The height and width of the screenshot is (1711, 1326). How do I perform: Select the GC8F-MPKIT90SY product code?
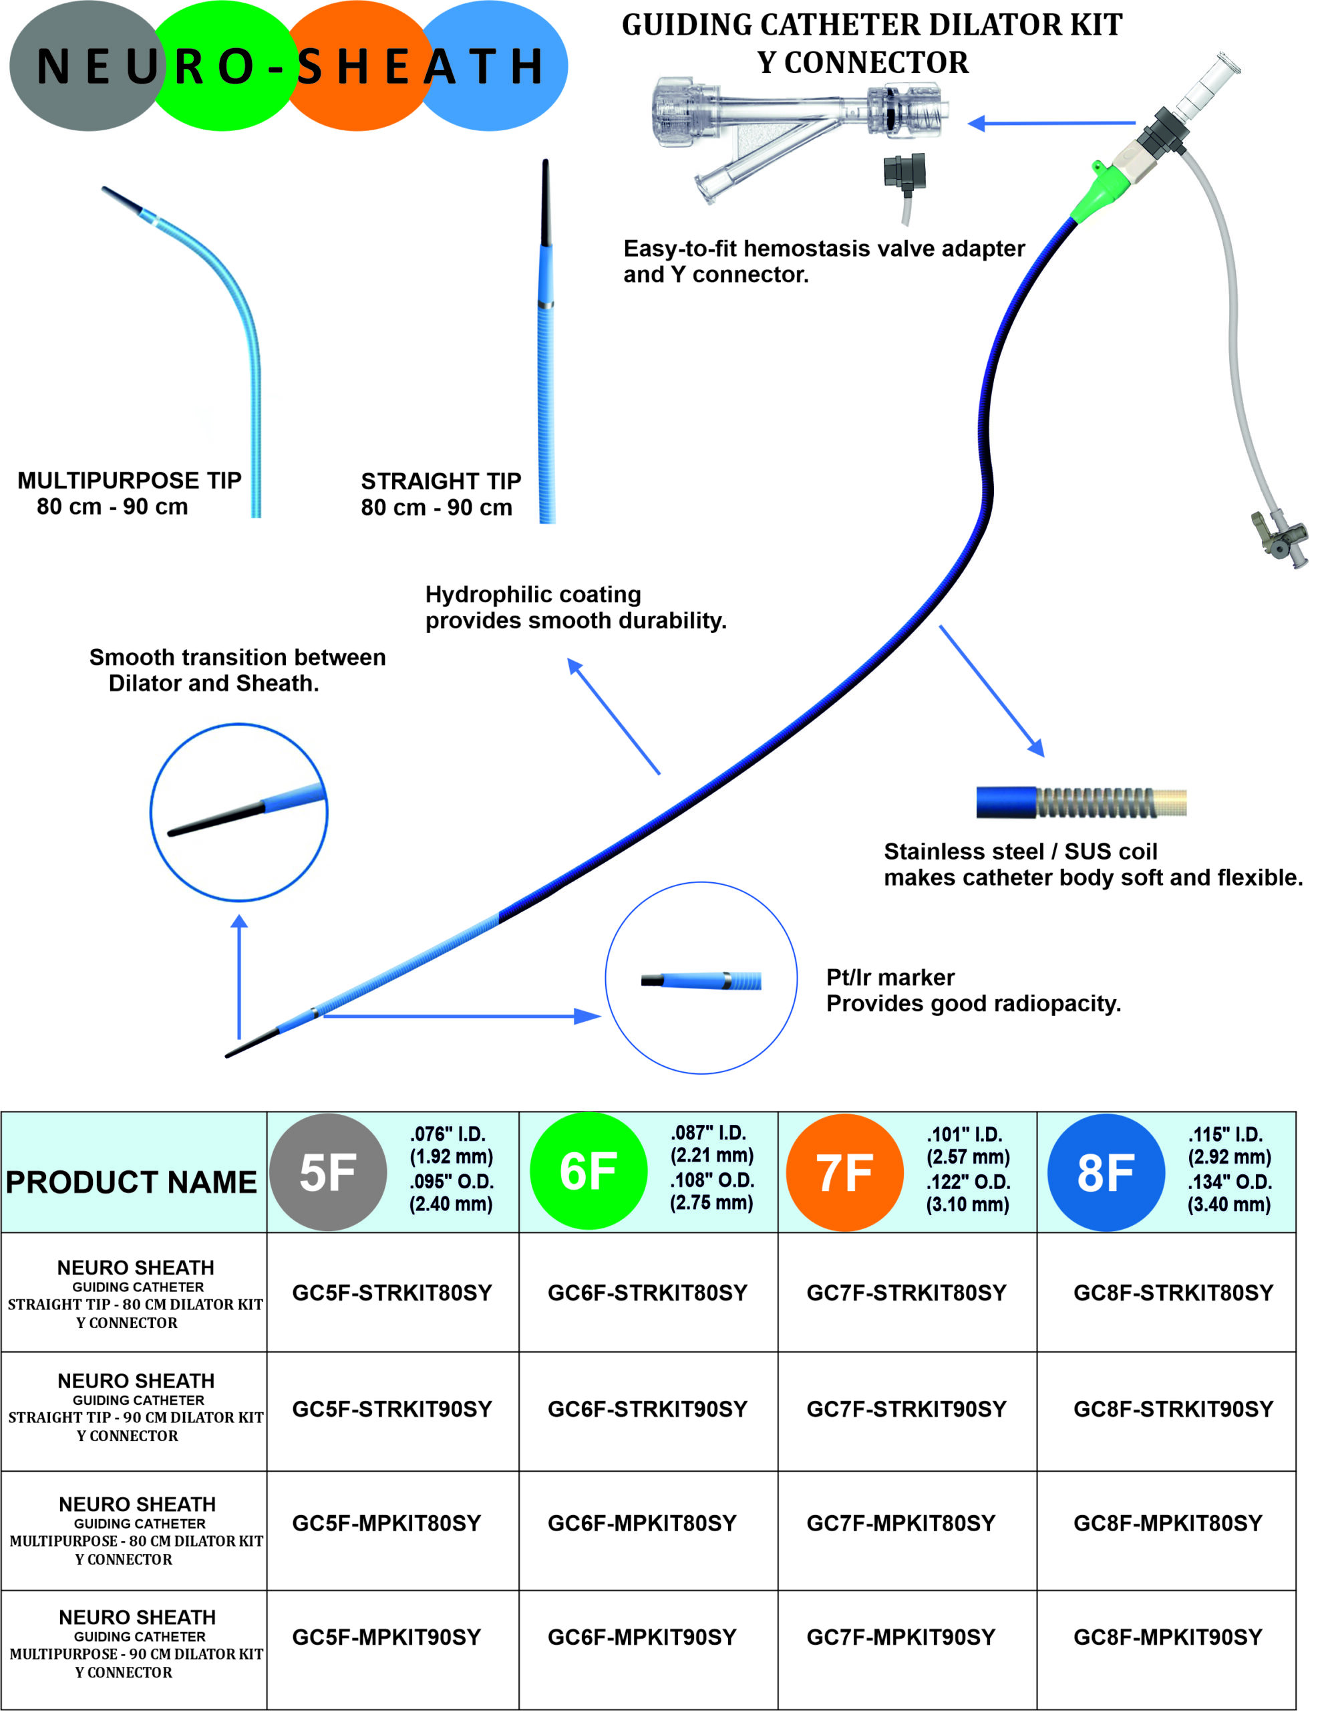click(x=1167, y=1637)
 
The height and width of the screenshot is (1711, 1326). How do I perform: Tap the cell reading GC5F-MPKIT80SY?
click(x=386, y=1523)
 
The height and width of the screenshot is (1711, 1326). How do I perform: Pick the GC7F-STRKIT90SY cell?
click(x=906, y=1409)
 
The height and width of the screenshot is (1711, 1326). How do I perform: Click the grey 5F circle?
click(x=328, y=1172)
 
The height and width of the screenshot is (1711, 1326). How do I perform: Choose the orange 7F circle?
click(x=844, y=1172)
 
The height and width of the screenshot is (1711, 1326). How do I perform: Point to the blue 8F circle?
click(x=1105, y=1172)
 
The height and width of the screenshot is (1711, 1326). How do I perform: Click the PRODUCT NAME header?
click(x=132, y=1182)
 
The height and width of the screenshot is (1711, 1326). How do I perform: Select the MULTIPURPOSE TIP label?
click(x=129, y=481)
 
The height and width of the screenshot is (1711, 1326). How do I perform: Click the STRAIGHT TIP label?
click(x=441, y=481)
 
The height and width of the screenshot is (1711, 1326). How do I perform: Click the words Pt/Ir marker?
click(x=890, y=977)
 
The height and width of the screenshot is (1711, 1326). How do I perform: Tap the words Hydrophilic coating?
click(x=532, y=595)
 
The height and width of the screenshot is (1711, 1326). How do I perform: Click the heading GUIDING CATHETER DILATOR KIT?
click(x=872, y=25)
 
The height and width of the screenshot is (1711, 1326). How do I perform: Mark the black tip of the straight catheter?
click(x=545, y=204)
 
